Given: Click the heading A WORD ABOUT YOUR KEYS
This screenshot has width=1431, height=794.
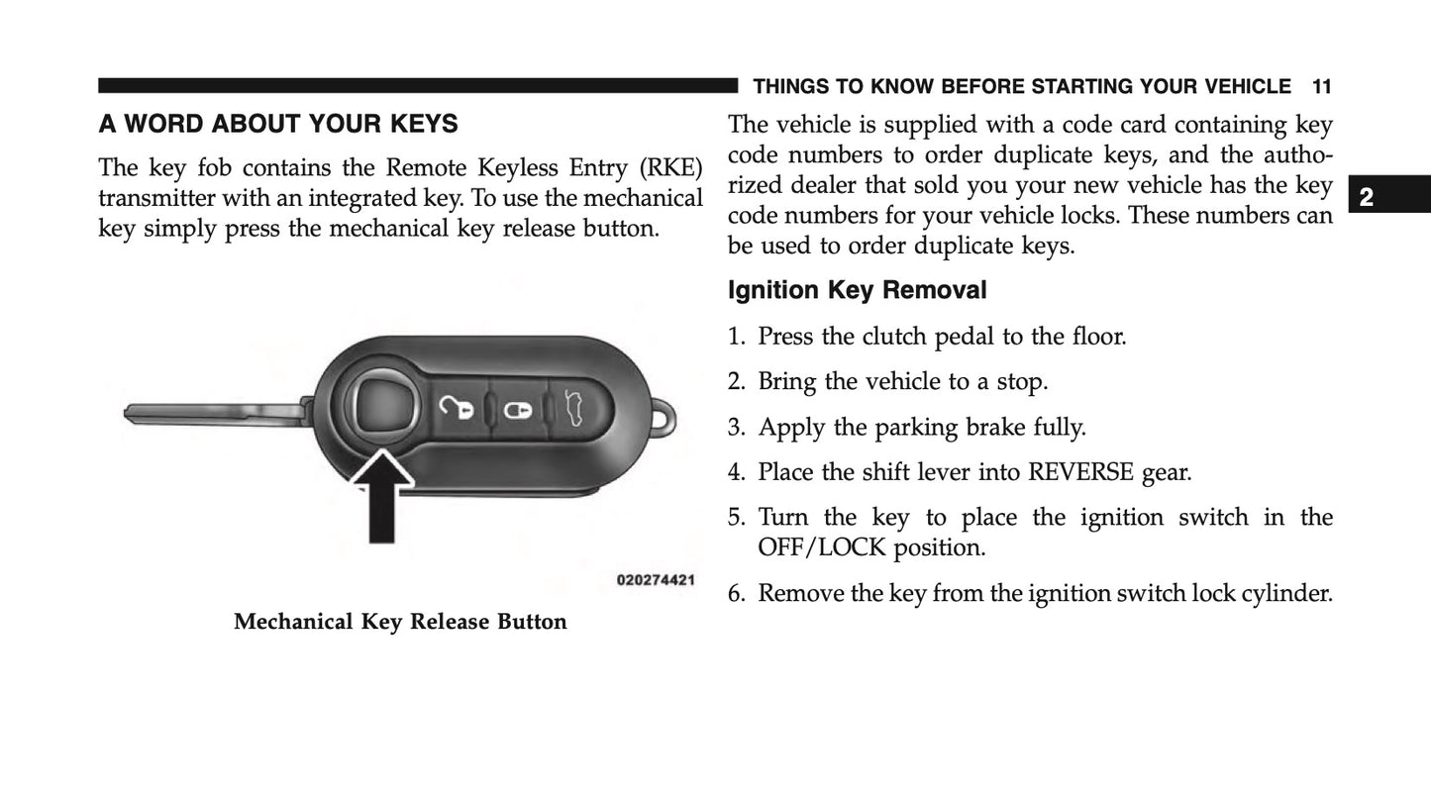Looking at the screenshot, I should coord(277,125).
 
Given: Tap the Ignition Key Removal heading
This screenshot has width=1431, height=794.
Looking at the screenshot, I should coord(857,290).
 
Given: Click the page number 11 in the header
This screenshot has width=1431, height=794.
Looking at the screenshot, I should coord(1321,87).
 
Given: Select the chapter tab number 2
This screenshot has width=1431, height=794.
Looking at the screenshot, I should coord(1367,196).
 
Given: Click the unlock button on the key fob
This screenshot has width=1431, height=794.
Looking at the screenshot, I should coord(456,407).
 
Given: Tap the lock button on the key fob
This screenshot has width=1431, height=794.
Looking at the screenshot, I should coord(517,409).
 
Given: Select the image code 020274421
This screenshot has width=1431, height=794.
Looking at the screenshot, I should coord(655,580).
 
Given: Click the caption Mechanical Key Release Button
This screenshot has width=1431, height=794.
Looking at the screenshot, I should coord(400,623).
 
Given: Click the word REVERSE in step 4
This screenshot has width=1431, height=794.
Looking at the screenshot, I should coord(1080,472).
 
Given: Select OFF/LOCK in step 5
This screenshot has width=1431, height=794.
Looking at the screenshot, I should coord(822,547).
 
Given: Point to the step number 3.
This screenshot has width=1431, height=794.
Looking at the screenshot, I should coord(735,428).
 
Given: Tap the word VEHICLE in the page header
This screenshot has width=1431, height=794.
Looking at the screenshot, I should coord(1244,87).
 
